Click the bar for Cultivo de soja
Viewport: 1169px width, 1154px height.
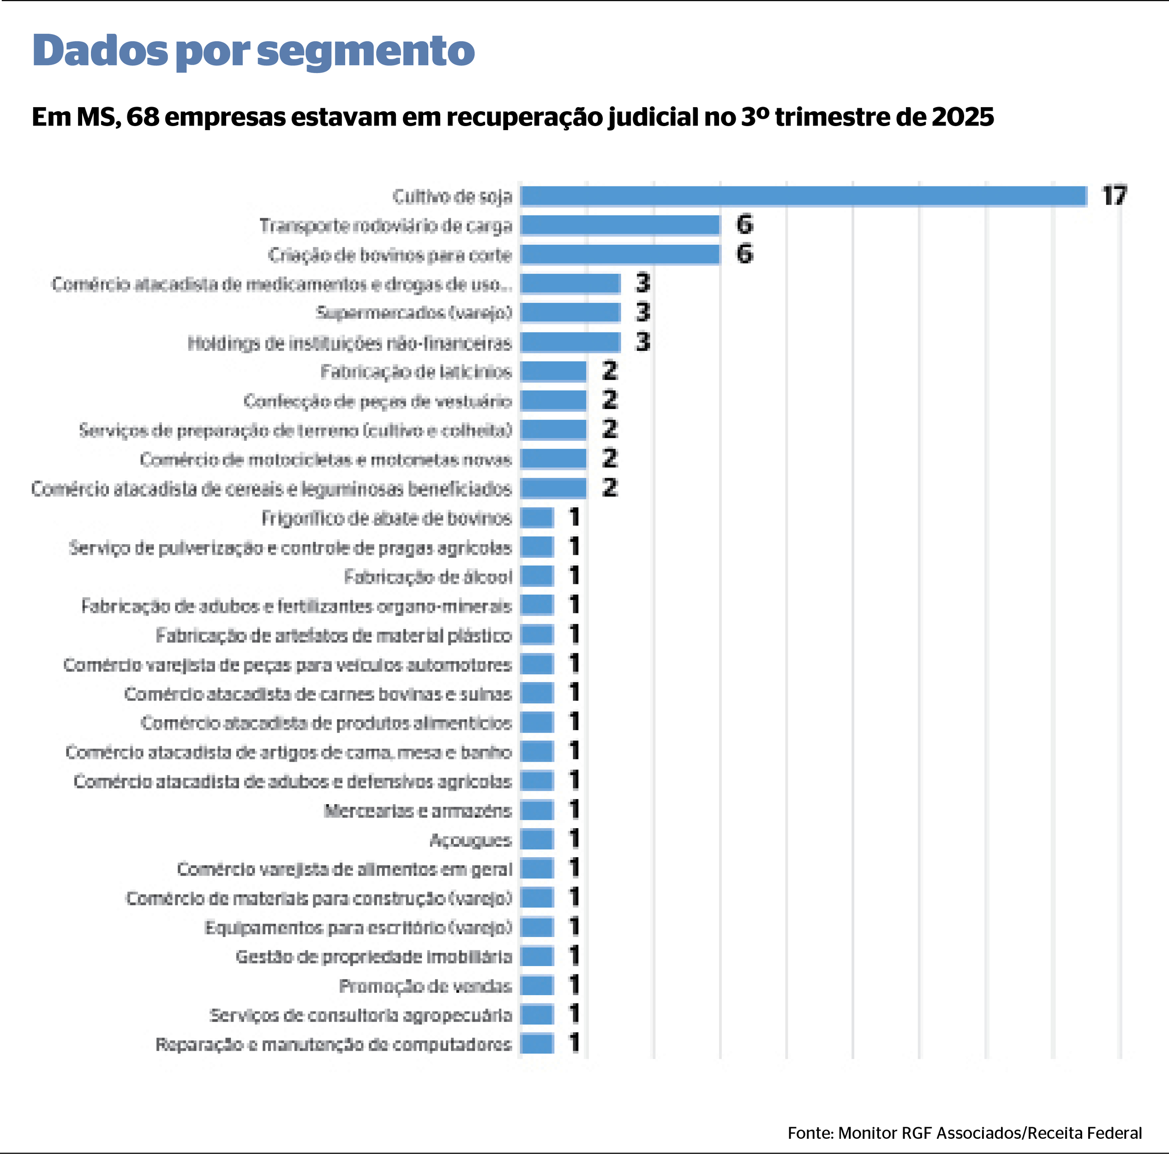click(803, 196)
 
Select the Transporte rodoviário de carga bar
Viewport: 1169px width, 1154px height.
click(620, 225)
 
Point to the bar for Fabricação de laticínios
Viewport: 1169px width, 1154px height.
click(553, 372)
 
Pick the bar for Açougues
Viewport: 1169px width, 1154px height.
click(537, 839)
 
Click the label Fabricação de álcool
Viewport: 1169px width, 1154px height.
click(428, 577)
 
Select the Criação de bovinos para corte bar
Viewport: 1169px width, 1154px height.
click(620, 255)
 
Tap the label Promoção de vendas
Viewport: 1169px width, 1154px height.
click(426, 986)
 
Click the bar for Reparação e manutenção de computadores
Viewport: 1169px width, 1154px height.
click(537, 1044)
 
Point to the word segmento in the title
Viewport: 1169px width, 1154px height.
click(366, 51)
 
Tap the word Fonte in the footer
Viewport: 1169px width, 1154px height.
click(809, 1132)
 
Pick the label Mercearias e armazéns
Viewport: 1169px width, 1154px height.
click(418, 810)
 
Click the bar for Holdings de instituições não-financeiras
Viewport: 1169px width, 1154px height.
click(570, 343)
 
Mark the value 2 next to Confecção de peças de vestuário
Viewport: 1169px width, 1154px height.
click(609, 401)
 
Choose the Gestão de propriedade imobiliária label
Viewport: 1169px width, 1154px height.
click(374, 957)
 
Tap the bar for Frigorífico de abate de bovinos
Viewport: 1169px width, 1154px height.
click(537, 518)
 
